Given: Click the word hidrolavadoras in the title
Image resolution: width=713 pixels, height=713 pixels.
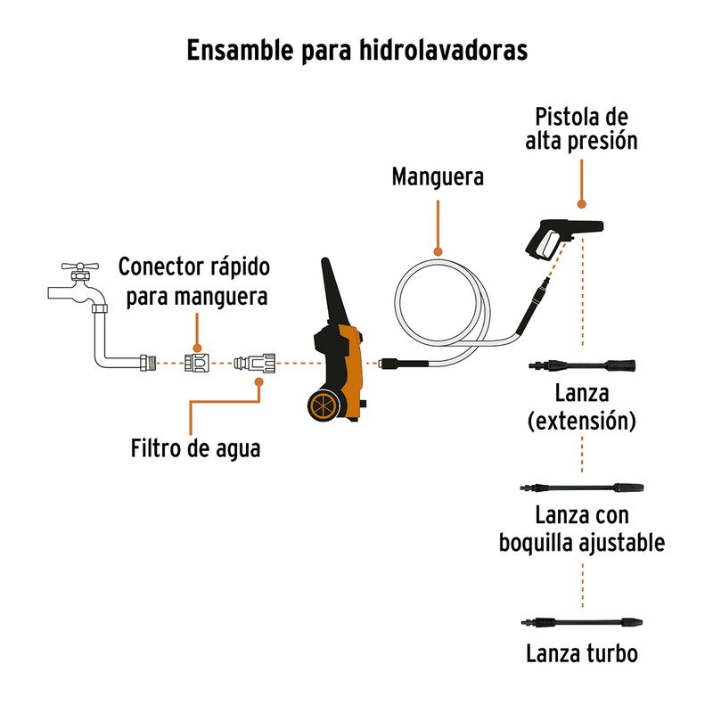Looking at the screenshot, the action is [443, 50].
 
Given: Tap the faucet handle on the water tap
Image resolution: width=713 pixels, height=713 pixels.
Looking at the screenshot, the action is [80, 266].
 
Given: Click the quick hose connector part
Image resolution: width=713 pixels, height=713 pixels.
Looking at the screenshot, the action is [197, 363].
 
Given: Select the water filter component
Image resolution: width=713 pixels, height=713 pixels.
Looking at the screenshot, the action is [255, 363].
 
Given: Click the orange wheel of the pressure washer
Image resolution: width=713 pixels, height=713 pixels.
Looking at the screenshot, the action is [324, 406].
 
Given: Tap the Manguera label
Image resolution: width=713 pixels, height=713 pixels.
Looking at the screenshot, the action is [438, 176].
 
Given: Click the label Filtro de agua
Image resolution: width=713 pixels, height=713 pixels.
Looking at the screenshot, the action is [195, 448].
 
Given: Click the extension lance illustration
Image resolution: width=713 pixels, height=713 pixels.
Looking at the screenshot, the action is [582, 365].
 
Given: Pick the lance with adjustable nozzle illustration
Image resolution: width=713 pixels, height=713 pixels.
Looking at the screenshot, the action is [582, 488].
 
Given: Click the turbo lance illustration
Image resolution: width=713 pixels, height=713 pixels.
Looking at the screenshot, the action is [582, 621].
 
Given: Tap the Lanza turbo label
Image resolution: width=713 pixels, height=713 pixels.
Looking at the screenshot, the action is [582, 653].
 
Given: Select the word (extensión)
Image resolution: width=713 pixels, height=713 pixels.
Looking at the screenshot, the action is [582, 421].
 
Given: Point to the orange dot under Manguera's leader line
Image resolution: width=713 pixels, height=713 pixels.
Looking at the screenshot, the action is [438, 251].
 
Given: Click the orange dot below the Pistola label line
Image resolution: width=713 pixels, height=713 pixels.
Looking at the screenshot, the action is [582, 204].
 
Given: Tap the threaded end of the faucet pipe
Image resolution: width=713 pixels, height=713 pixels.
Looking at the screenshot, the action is [148, 363].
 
